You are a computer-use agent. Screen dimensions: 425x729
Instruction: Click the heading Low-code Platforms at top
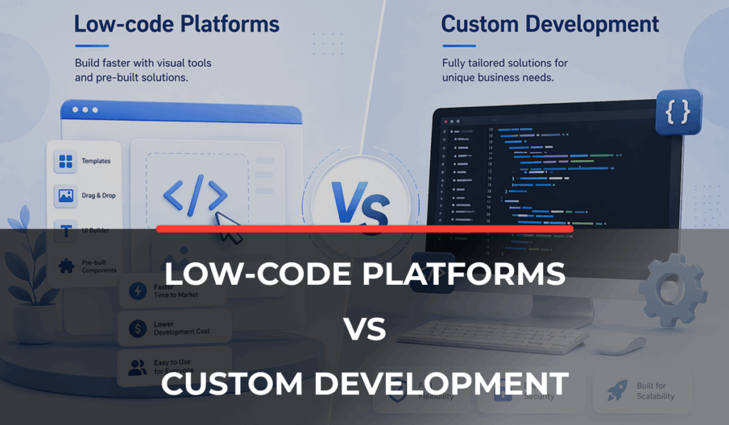177,24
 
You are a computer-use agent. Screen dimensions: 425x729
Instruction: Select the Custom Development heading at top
549,24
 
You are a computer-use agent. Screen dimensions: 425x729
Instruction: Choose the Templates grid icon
66,162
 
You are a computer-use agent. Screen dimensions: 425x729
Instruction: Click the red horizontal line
364,229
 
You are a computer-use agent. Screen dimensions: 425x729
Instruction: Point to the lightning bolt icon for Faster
136,291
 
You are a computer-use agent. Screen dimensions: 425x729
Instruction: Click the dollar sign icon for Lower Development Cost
136,328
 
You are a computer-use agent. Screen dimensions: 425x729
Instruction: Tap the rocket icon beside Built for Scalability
617,390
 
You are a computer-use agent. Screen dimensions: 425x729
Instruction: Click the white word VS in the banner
364,329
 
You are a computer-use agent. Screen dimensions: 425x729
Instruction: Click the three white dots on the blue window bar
85,110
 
